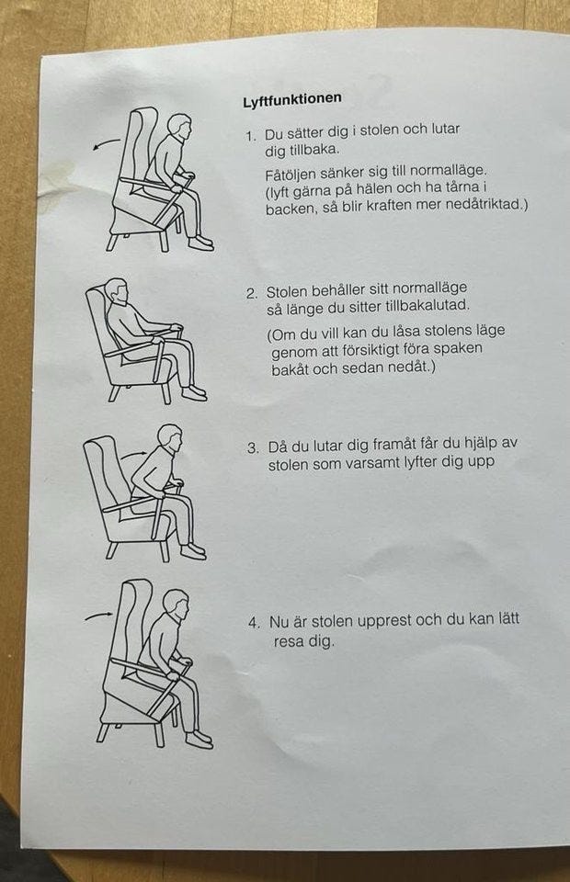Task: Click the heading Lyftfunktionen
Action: (292, 99)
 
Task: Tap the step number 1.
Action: (250, 136)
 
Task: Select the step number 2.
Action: (252, 294)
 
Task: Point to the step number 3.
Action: (253, 448)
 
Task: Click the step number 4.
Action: (255, 623)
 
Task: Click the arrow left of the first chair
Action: (107, 143)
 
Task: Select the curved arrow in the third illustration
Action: (134, 452)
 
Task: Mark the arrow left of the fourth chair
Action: (99, 616)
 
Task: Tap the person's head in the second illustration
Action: (117, 291)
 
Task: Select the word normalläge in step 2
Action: (429, 288)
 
